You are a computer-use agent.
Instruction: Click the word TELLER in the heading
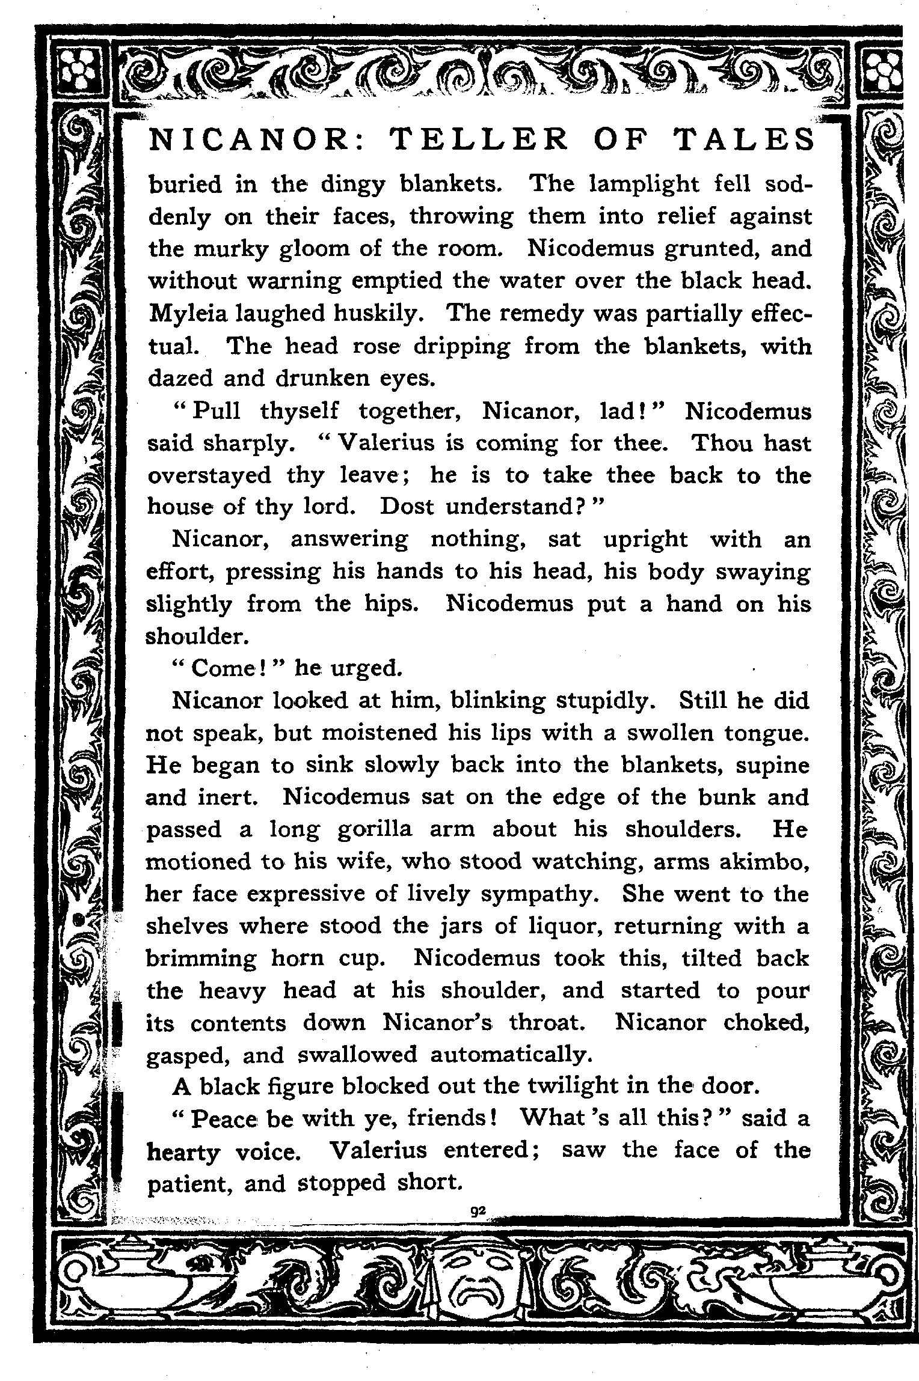pos(478,140)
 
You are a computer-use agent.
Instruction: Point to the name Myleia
pos(185,313)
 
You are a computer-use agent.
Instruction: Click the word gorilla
pos(375,829)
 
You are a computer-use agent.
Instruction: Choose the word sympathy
pos(541,894)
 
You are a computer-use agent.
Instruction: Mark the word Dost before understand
pos(407,507)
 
